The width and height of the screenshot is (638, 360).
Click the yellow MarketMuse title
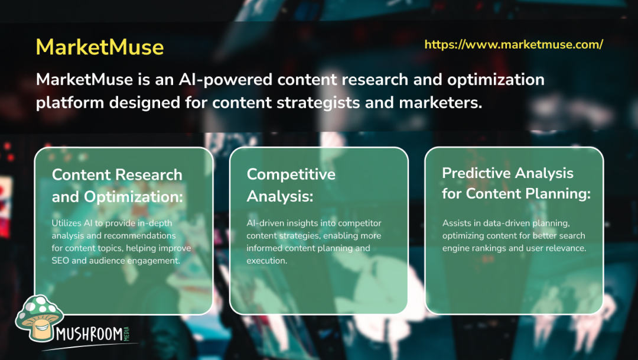(x=100, y=47)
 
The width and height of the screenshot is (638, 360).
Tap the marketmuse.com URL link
(x=513, y=44)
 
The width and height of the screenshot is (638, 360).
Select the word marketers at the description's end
(x=441, y=103)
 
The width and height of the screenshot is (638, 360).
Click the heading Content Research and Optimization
(x=117, y=186)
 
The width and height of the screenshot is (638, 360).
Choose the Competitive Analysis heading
(x=291, y=185)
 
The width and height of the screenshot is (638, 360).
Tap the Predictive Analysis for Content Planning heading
(x=516, y=183)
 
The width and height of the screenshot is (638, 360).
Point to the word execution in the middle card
(x=267, y=261)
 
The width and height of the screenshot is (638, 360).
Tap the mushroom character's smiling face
(x=43, y=326)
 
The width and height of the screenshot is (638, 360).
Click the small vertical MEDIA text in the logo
(x=126, y=333)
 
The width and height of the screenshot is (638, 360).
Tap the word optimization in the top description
(x=496, y=80)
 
